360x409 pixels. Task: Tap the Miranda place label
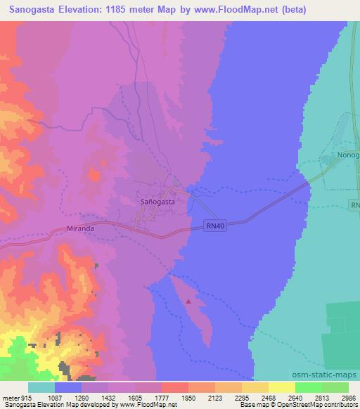(x=79, y=229)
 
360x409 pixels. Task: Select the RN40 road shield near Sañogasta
(x=217, y=226)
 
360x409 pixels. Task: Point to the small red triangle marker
(x=189, y=301)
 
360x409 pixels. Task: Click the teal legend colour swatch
(x=41, y=387)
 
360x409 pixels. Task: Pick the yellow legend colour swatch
(x=281, y=387)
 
